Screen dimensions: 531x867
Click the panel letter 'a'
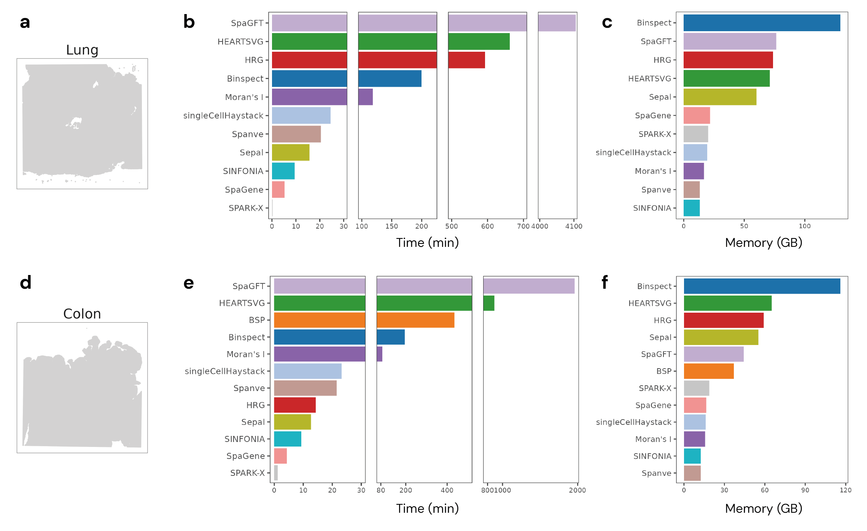[x=25, y=22]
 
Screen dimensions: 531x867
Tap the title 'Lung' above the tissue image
[x=82, y=50]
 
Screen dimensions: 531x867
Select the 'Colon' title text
[x=82, y=314]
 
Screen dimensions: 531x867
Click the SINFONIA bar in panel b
[x=283, y=171]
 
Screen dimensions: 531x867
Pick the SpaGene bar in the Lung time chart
[x=278, y=189]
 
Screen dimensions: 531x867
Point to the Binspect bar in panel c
[x=762, y=23]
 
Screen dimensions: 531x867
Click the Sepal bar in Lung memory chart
[x=720, y=97]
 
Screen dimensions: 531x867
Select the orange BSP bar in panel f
[x=709, y=371]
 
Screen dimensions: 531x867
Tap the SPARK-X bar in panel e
[x=276, y=473]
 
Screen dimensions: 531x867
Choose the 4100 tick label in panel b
[x=574, y=226]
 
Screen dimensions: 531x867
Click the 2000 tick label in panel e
[x=577, y=490]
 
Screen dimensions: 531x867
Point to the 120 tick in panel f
[x=845, y=490]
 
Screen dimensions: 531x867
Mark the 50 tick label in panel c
[x=744, y=226]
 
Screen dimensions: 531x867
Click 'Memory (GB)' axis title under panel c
[x=764, y=243]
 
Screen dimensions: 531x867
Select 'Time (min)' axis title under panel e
[x=427, y=509]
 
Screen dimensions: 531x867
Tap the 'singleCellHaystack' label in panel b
[x=223, y=116]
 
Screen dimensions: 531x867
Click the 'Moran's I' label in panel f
[x=653, y=439]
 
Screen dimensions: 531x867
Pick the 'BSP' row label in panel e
[x=257, y=320]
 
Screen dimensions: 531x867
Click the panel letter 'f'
[x=605, y=283]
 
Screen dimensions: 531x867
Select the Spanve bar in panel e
[x=305, y=388]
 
